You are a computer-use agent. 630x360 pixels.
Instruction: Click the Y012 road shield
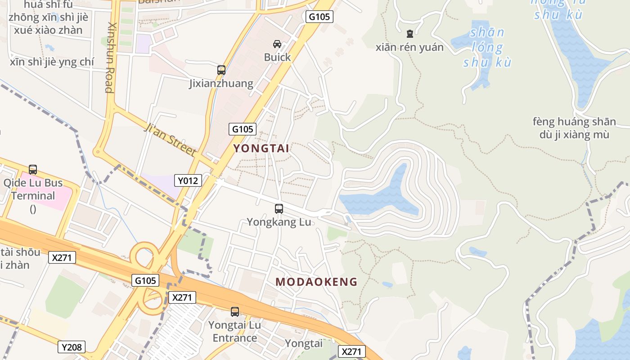pyautogui.click(x=188, y=181)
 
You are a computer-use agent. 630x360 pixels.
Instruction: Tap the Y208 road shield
pyautogui.click(x=72, y=347)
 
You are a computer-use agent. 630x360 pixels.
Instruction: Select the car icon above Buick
pyautogui.click(x=277, y=44)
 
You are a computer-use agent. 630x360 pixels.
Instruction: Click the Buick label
pyautogui.click(x=277, y=58)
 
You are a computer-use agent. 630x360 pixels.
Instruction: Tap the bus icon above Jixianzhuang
pyautogui.click(x=221, y=70)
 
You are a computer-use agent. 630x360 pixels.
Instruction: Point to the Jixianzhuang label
pyautogui.click(x=221, y=84)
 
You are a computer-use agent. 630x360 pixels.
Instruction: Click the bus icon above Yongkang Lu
pyautogui.click(x=279, y=209)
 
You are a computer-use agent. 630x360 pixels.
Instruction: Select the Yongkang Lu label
pyautogui.click(x=279, y=222)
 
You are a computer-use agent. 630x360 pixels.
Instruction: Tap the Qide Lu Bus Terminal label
pyautogui.click(x=33, y=189)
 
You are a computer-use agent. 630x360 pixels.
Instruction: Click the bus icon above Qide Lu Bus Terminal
pyautogui.click(x=33, y=170)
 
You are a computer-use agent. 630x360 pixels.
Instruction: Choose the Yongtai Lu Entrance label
pyautogui.click(x=234, y=332)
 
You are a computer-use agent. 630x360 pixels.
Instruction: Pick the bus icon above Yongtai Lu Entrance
pyautogui.click(x=234, y=311)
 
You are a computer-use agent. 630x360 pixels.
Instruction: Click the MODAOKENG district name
pyautogui.click(x=316, y=282)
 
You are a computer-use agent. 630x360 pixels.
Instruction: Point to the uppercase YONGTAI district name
pyautogui.click(x=261, y=148)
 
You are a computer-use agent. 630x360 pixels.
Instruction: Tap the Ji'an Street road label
pyautogui.click(x=170, y=140)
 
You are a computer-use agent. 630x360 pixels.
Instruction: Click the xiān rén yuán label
pyautogui.click(x=409, y=47)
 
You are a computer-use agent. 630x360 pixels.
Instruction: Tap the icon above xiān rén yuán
pyautogui.click(x=409, y=34)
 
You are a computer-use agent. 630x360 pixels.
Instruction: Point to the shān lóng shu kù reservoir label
pyautogui.click(x=487, y=47)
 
